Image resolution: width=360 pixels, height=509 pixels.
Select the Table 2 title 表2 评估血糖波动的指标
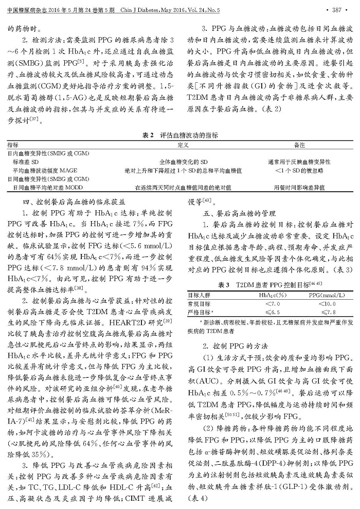(176, 135)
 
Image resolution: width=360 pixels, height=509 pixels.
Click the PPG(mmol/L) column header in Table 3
(322, 295)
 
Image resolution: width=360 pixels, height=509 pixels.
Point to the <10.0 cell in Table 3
(322, 303)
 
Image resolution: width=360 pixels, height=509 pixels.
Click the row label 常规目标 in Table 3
(198, 303)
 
